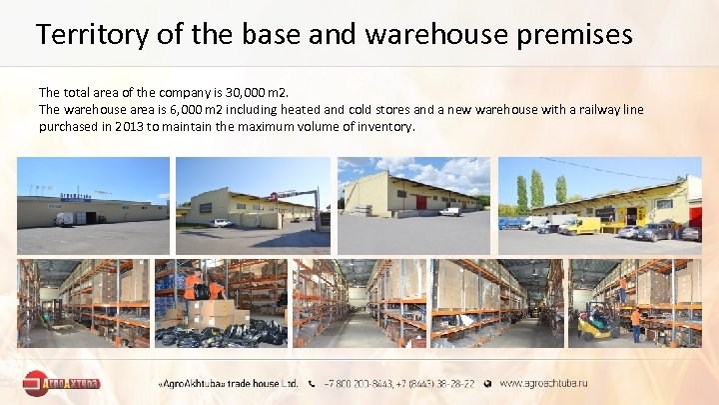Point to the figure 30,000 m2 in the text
(x=254, y=91)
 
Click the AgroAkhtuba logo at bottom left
(x=60, y=382)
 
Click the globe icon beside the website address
(x=488, y=382)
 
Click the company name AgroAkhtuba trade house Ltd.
(x=229, y=382)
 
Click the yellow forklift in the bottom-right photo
(x=596, y=321)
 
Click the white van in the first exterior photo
(x=65, y=219)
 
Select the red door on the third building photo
(x=420, y=203)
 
